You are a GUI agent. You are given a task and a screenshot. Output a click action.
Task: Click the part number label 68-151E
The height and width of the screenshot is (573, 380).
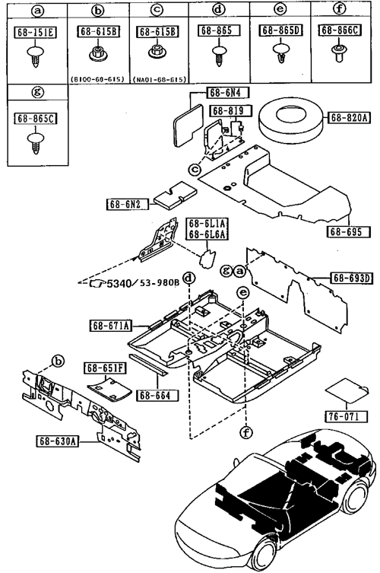pyautogui.click(x=35, y=32)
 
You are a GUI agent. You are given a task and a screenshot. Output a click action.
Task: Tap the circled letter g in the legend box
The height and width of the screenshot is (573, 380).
pyautogui.click(x=37, y=92)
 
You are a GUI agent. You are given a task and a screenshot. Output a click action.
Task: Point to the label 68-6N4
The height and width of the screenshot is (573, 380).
pyautogui.click(x=227, y=92)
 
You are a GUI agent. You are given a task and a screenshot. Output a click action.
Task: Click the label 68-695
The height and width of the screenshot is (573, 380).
pyautogui.click(x=348, y=231)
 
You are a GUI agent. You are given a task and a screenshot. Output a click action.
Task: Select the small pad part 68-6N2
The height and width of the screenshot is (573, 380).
pyautogui.click(x=176, y=196)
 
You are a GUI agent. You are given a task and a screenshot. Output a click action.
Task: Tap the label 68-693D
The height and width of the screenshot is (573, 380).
pyautogui.click(x=350, y=278)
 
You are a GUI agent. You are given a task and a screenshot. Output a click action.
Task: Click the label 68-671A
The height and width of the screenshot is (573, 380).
pyautogui.click(x=111, y=325)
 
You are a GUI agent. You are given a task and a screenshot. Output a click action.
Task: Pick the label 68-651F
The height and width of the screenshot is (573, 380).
pyautogui.click(x=105, y=368)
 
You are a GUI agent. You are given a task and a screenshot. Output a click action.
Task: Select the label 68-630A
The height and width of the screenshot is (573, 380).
pyautogui.click(x=58, y=441)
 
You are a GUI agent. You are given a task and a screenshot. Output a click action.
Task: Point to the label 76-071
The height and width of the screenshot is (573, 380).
pyautogui.click(x=346, y=416)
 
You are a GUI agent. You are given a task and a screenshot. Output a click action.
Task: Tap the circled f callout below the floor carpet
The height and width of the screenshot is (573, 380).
pyautogui.click(x=247, y=433)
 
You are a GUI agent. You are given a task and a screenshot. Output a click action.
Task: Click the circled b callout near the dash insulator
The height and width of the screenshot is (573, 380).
pyautogui.click(x=58, y=361)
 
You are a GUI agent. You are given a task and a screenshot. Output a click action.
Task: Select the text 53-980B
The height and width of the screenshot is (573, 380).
pyautogui.click(x=160, y=282)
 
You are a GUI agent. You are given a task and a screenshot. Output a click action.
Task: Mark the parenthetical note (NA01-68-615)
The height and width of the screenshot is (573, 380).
pyautogui.click(x=160, y=79)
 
